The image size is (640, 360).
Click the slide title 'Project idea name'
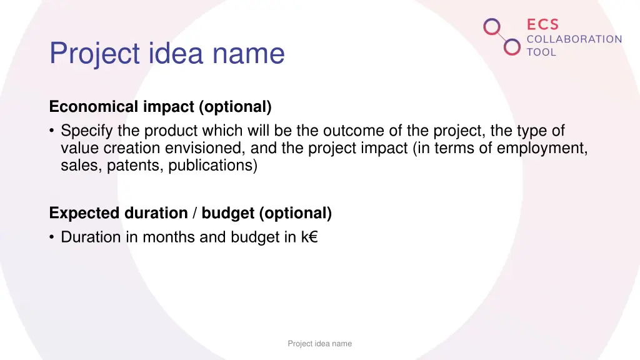[x=167, y=54]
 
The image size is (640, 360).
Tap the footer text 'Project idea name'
[x=319, y=344]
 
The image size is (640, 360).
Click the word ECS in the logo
[x=542, y=24]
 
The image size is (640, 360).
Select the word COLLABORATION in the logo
[x=574, y=39]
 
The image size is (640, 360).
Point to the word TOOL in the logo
[x=541, y=52]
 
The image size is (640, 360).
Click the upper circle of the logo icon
[x=492, y=27]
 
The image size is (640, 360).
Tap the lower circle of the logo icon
[x=512, y=46]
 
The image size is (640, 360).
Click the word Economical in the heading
[x=94, y=107]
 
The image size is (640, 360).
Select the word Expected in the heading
[x=84, y=213]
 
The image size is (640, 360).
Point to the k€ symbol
[x=309, y=237]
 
